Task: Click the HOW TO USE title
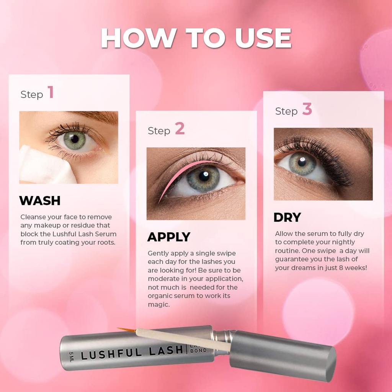[x=196, y=38]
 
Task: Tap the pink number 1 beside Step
[x=51, y=93]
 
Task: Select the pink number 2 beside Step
[x=180, y=129]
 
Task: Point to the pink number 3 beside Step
[x=307, y=109]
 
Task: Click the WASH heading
[x=40, y=201]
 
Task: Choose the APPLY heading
[x=169, y=237]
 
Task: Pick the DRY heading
[x=287, y=217]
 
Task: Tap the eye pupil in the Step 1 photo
[x=75, y=139]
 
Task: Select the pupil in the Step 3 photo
[x=302, y=162]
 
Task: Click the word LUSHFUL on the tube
[x=116, y=352]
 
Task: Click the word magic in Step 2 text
[x=159, y=305]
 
